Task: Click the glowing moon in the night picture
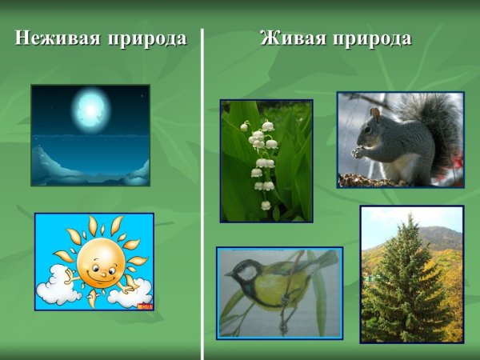pos(90,107)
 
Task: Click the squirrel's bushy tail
pos(436,128)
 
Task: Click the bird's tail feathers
pos(324,259)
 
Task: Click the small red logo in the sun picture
pos(145,304)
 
